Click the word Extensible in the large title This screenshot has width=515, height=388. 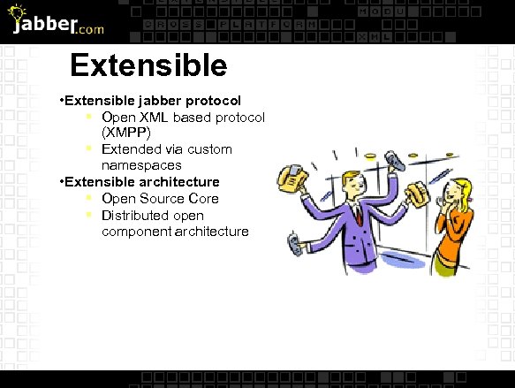click(x=148, y=66)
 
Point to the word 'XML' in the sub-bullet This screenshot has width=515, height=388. click(x=154, y=117)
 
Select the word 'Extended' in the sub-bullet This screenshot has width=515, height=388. click(x=129, y=148)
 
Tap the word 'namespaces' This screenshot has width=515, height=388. click(x=141, y=165)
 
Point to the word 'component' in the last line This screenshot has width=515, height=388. click(x=137, y=232)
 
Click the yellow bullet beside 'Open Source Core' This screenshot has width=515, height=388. click(x=90, y=198)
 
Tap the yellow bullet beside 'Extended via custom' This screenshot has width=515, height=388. click(x=90, y=148)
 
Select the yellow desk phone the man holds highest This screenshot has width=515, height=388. click(x=291, y=179)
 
